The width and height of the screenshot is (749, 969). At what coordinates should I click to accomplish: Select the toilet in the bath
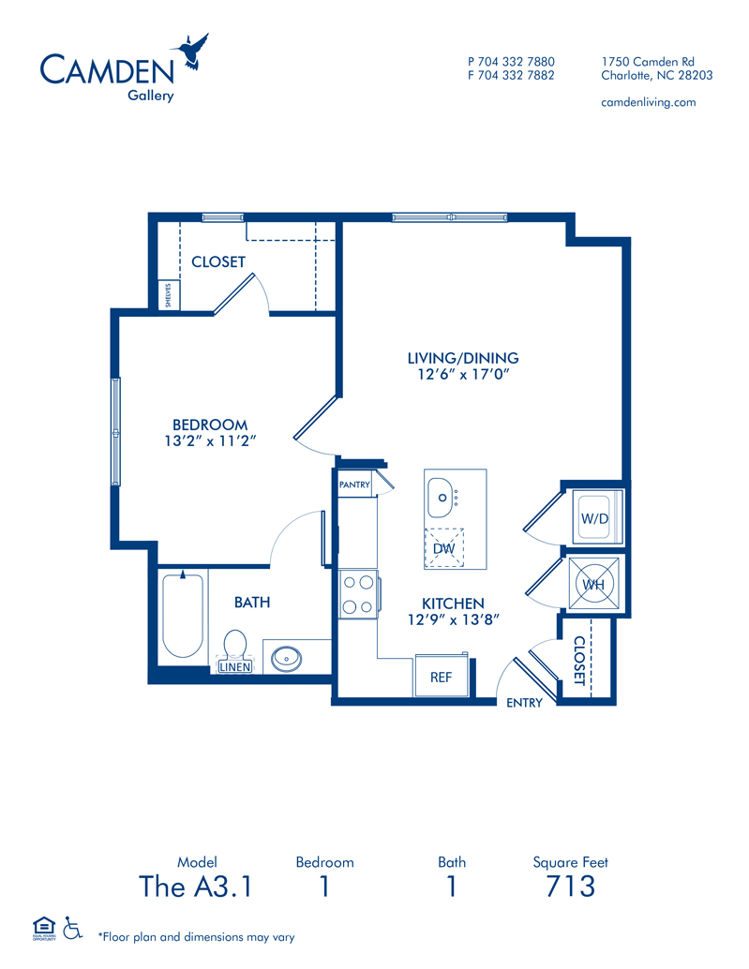[235, 645]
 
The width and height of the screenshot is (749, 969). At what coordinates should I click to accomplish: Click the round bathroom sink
[287, 659]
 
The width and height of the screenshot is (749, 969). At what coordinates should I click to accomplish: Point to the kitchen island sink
[442, 498]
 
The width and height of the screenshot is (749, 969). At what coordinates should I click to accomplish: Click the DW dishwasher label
[443, 548]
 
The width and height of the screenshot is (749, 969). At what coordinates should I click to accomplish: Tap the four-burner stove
[358, 594]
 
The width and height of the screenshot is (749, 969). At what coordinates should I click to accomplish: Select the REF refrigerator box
[442, 676]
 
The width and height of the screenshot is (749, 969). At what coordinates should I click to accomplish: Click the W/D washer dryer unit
[594, 518]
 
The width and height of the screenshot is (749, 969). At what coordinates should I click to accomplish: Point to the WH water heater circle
[593, 584]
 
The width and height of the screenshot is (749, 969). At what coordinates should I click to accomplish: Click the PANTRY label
[354, 484]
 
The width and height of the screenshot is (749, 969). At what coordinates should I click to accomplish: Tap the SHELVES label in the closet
[168, 295]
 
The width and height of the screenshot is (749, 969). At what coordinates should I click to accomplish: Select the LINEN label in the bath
[235, 667]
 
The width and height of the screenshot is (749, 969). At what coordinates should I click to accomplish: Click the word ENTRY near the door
[524, 703]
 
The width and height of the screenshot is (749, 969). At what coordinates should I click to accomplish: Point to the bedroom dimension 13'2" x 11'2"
[210, 440]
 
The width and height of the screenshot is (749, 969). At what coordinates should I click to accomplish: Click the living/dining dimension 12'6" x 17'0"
[463, 374]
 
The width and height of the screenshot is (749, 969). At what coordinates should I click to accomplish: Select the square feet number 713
[570, 887]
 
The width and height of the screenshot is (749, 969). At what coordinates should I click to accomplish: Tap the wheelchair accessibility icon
[73, 928]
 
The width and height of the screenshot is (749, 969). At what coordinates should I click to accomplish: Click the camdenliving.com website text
[649, 102]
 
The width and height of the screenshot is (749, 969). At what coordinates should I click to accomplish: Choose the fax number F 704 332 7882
[511, 75]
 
